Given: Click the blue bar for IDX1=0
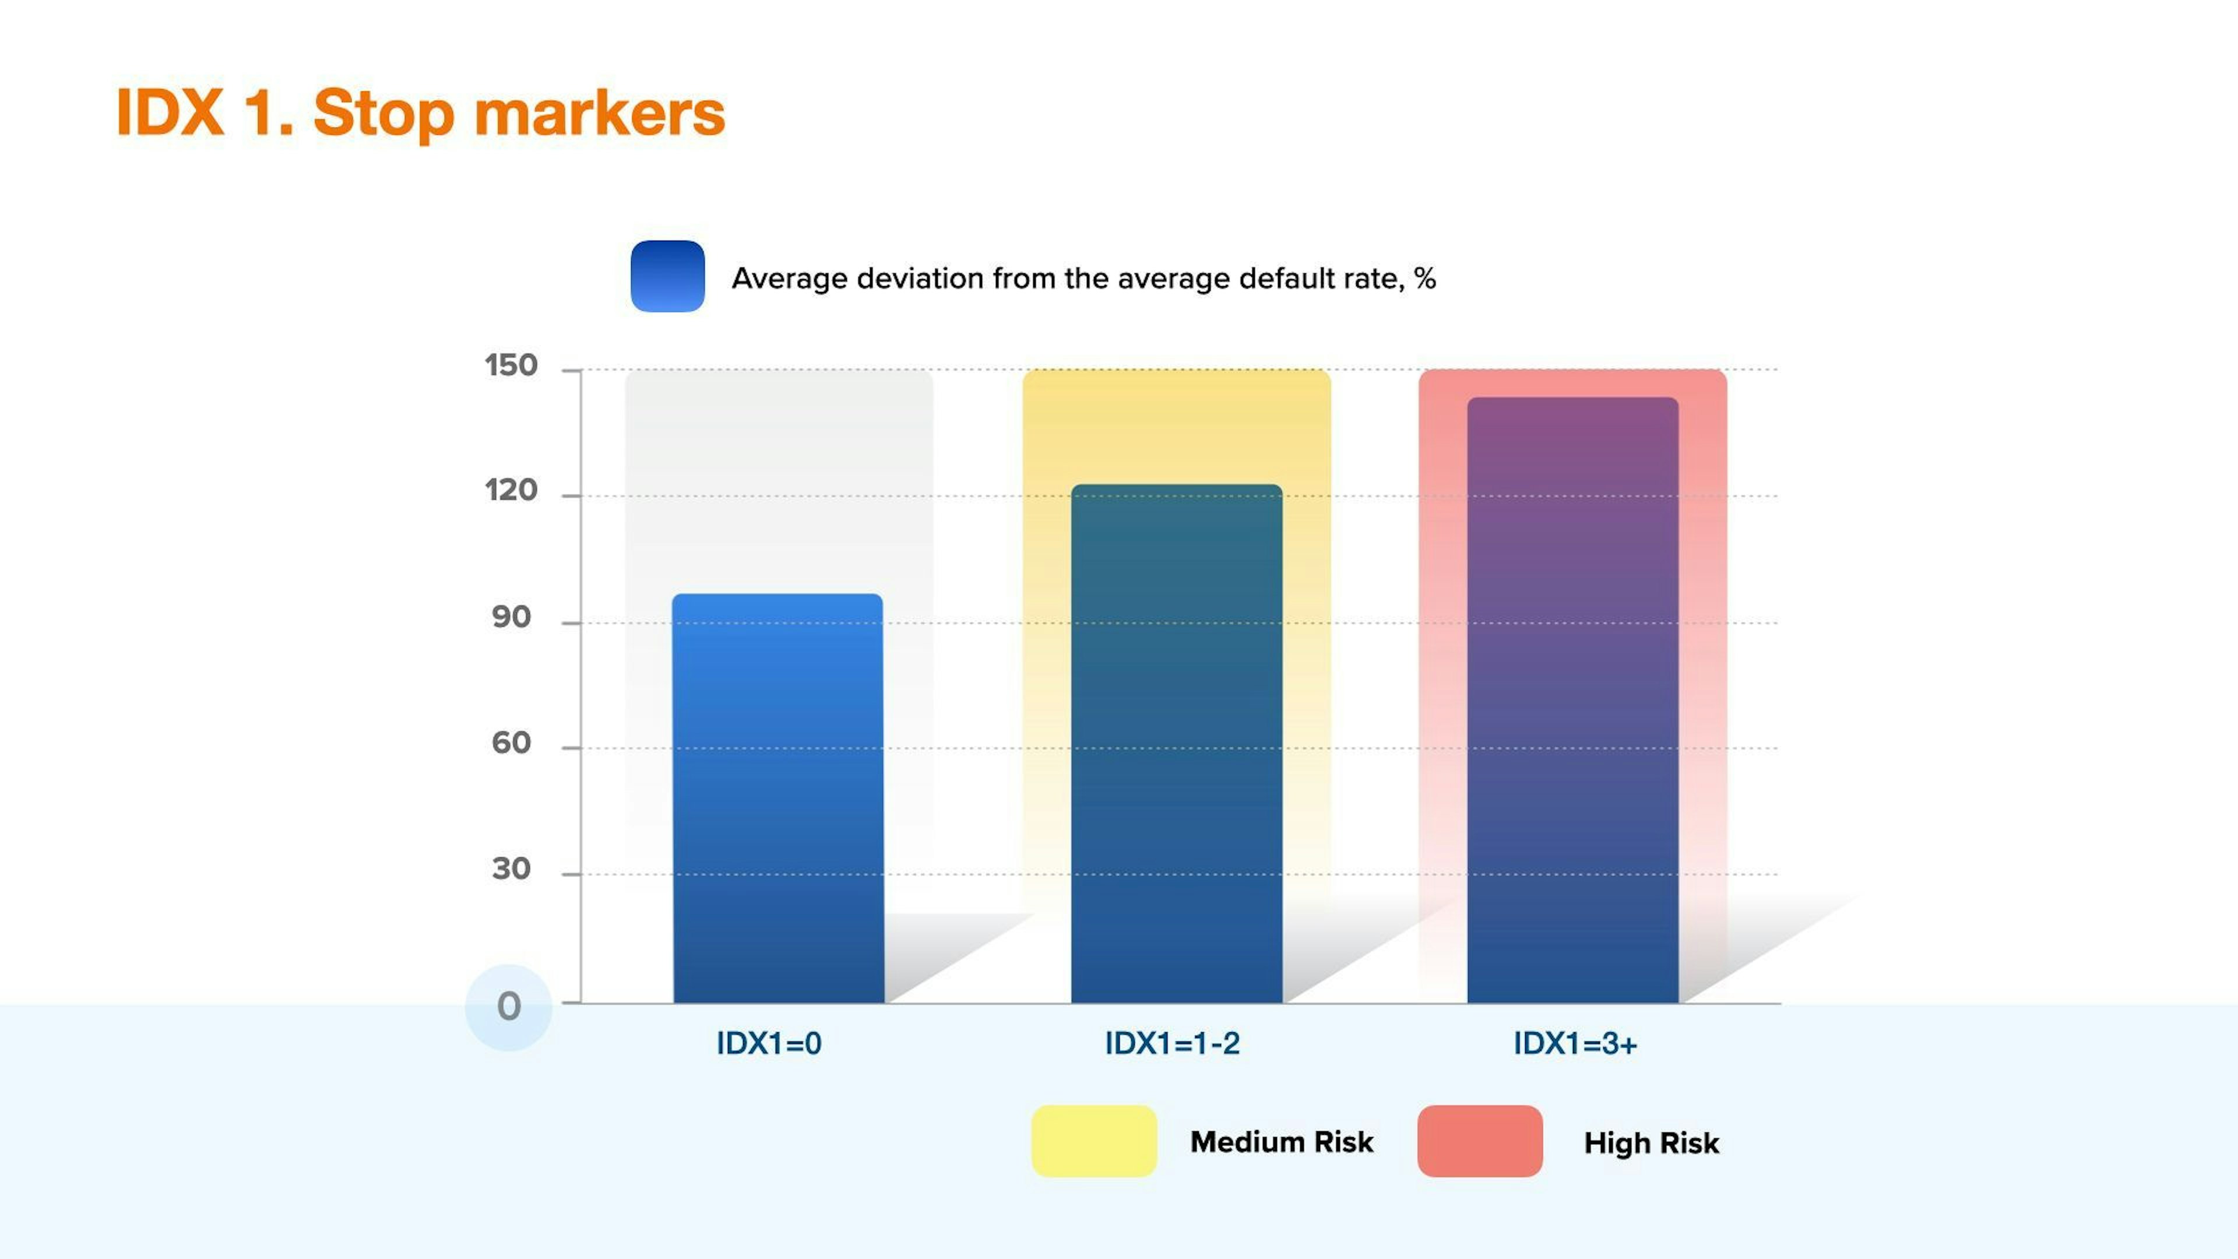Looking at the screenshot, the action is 779,799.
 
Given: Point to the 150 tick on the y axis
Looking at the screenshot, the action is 511,366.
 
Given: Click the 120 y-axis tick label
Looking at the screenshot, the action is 511,491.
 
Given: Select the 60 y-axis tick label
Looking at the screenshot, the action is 511,743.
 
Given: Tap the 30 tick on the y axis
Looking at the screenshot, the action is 511,869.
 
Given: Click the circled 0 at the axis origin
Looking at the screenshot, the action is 509,1007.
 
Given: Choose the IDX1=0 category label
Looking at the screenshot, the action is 769,1043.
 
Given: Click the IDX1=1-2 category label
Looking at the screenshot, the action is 1172,1043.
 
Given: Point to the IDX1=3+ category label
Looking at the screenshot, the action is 1575,1043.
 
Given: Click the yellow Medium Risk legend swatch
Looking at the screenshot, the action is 1094,1141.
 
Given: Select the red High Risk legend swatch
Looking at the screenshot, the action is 1480,1141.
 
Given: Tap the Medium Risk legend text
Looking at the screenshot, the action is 1282,1142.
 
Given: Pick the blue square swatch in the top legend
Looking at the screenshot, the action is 667,276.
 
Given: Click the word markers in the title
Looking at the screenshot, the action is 600,113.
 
